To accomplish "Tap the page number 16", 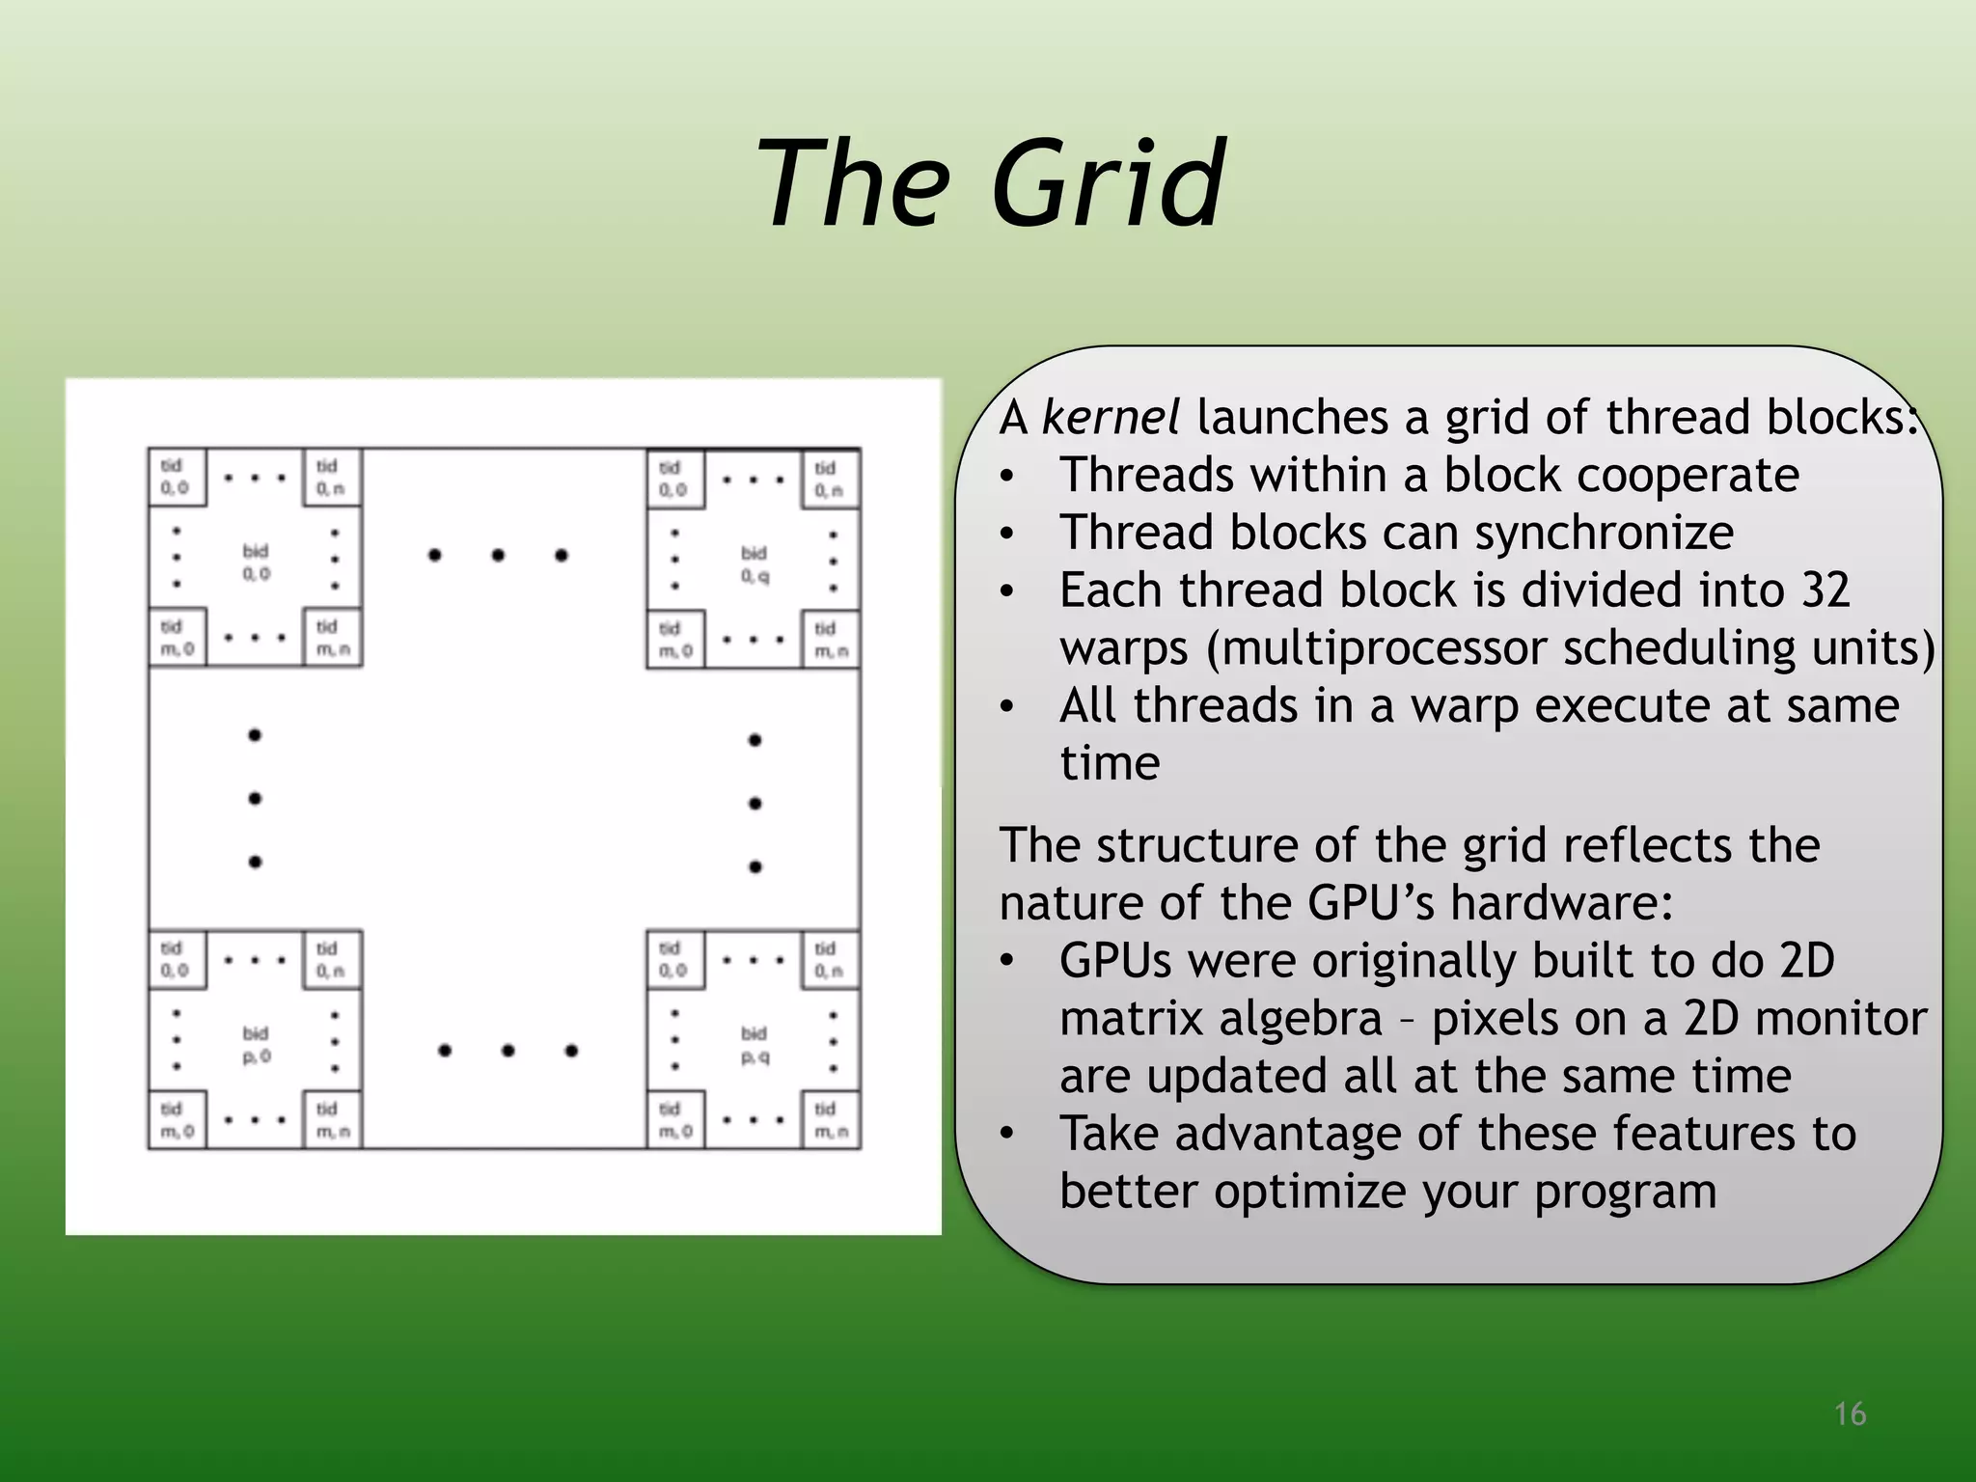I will (1850, 1414).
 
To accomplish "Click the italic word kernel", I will (1110, 418).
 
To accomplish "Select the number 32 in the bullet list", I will (1825, 590).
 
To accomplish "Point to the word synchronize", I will (1604, 533).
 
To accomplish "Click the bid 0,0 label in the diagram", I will (256, 562).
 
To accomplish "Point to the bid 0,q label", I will (755, 563).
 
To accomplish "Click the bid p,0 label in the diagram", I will (256, 1044).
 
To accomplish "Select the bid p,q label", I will (755, 1044).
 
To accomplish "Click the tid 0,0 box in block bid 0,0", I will (176, 477).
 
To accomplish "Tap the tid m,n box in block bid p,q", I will (830, 1119).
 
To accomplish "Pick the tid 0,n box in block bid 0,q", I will (830, 479).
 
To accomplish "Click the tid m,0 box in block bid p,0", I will (176, 1119).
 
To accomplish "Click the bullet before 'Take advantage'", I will (1007, 1134).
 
